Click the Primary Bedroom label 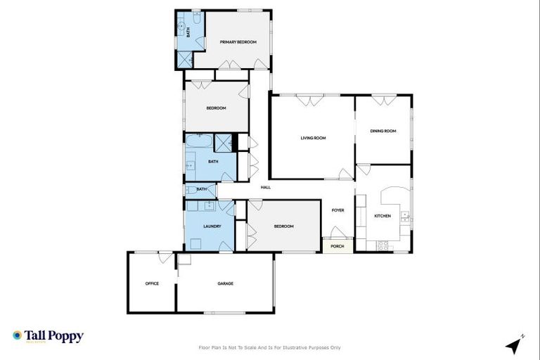click(238, 42)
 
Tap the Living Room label click(313, 138)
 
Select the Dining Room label click(383, 131)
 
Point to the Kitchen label click(382, 216)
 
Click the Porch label click(337, 247)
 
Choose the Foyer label click(337, 210)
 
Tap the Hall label click(265, 187)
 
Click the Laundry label click(212, 226)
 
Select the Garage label click(225, 283)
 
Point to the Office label click(152, 283)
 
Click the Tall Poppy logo click(48, 336)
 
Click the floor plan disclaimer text click(270, 347)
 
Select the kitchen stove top click(383, 245)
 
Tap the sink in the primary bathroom click(181, 28)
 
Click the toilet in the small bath click(190, 190)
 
